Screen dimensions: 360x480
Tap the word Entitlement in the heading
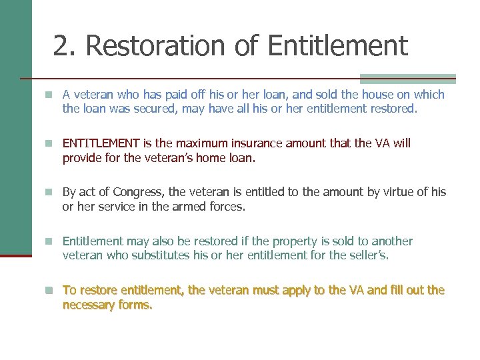point(337,46)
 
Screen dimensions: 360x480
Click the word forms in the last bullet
point(137,305)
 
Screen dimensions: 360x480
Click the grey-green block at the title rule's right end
point(407,78)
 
